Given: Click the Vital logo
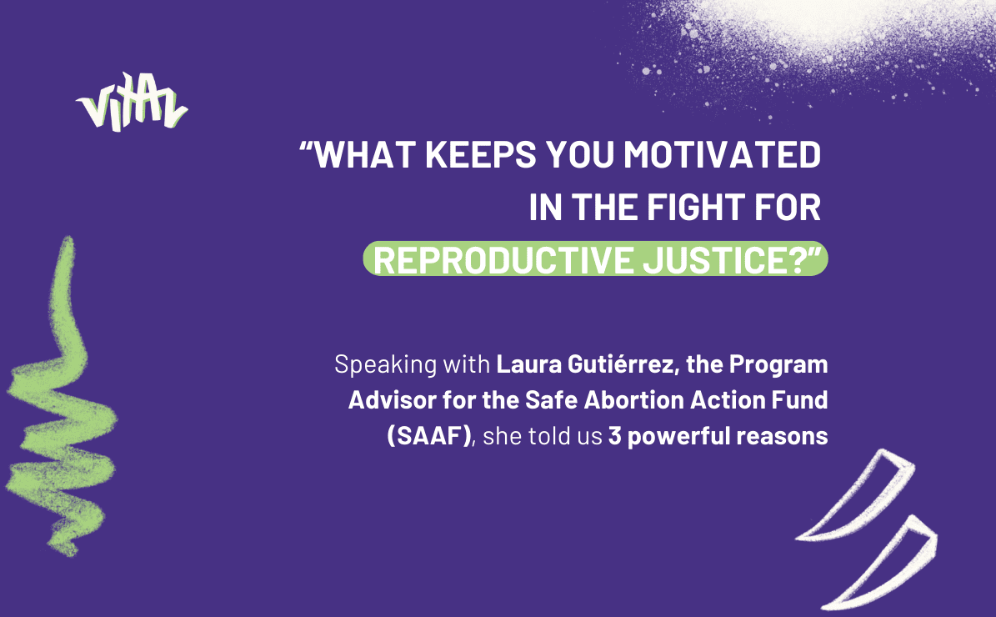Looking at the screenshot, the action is (132, 103).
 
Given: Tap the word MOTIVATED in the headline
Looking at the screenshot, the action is (723, 154).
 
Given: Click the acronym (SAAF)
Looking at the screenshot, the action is (429, 437).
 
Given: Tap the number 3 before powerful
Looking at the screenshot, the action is (615, 437).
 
